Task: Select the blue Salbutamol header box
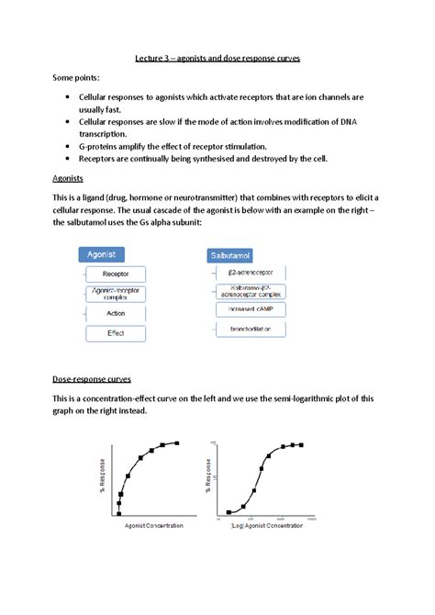[x=231, y=253]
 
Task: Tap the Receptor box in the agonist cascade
[x=116, y=274]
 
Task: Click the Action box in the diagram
[x=116, y=313]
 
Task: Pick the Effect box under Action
[x=116, y=332]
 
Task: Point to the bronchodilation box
[x=249, y=330]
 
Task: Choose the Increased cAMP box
[x=249, y=309]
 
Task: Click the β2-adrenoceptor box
[x=249, y=273]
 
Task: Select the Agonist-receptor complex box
[x=116, y=293]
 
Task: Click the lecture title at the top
[x=217, y=58]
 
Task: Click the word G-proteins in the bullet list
[x=104, y=146]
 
